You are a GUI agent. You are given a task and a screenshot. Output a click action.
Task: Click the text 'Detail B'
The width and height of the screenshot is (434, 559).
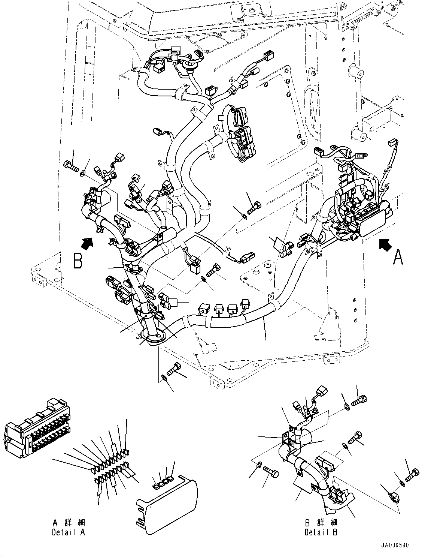pyautogui.click(x=321, y=532)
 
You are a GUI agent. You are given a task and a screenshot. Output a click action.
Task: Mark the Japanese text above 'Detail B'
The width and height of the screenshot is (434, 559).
pyautogui.click(x=321, y=523)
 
